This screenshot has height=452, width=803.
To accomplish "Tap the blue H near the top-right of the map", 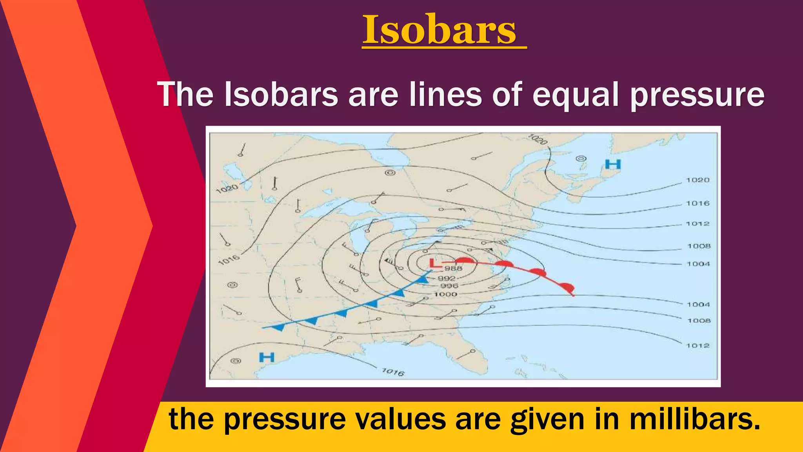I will point(613,164).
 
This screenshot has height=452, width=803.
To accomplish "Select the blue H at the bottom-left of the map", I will point(267,357).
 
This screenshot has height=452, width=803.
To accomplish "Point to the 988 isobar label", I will point(453,268).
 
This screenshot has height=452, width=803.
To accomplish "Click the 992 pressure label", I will point(447,279).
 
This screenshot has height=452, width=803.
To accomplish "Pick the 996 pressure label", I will point(449,286).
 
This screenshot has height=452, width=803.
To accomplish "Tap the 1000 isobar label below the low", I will point(445,294).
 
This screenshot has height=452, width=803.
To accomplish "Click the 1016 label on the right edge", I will point(698,203).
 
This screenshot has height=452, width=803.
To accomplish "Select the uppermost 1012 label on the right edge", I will point(698,224).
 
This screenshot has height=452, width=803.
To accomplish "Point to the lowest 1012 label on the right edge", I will point(698,346).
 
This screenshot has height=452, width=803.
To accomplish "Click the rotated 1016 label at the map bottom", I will point(393,372).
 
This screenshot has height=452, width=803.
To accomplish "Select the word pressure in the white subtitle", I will point(697,95).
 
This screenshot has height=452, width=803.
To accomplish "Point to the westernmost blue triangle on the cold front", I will point(279,327).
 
